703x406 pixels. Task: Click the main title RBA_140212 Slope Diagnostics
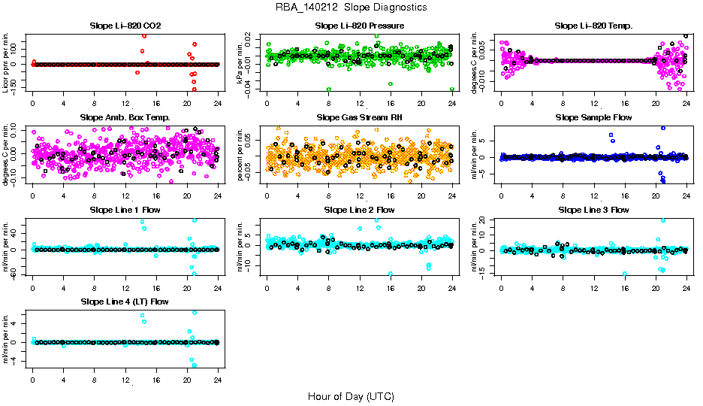[351, 7]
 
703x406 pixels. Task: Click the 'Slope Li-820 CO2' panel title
[125, 26]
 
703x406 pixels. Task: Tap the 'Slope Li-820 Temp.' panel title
[593, 26]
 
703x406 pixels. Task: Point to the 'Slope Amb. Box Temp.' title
[125, 117]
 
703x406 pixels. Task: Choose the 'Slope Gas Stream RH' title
[360, 117]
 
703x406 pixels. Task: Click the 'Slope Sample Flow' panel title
[593, 117]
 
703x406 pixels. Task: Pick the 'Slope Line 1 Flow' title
[125, 210]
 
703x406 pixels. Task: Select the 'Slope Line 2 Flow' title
[360, 210]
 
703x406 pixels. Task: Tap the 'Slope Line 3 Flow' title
[593, 210]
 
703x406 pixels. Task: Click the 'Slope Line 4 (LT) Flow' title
[125, 301]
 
